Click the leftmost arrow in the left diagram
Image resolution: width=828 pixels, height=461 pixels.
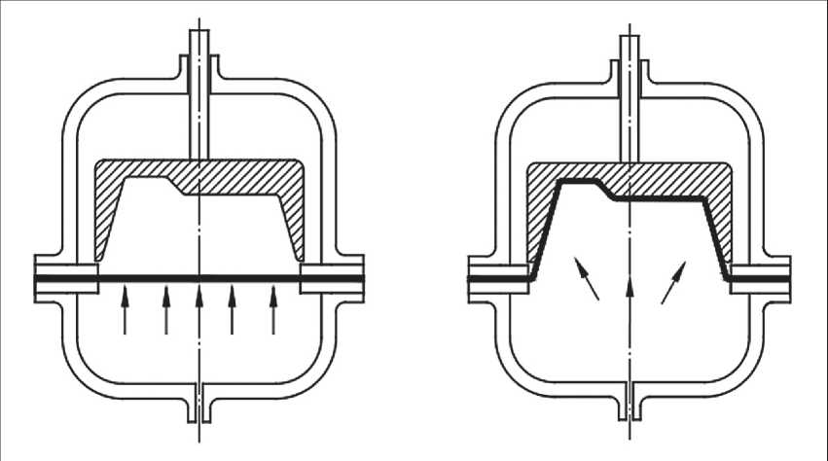(x=124, y=310)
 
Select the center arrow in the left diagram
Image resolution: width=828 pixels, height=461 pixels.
(x=198, y=310)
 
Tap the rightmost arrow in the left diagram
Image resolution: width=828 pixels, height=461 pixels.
(x=273, y=310)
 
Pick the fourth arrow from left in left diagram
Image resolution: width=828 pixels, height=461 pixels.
(x=232, y=310)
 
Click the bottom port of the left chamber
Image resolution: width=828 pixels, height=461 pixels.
(x=198, y=405)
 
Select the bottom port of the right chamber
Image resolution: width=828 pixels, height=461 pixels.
(x=630, y=405)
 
